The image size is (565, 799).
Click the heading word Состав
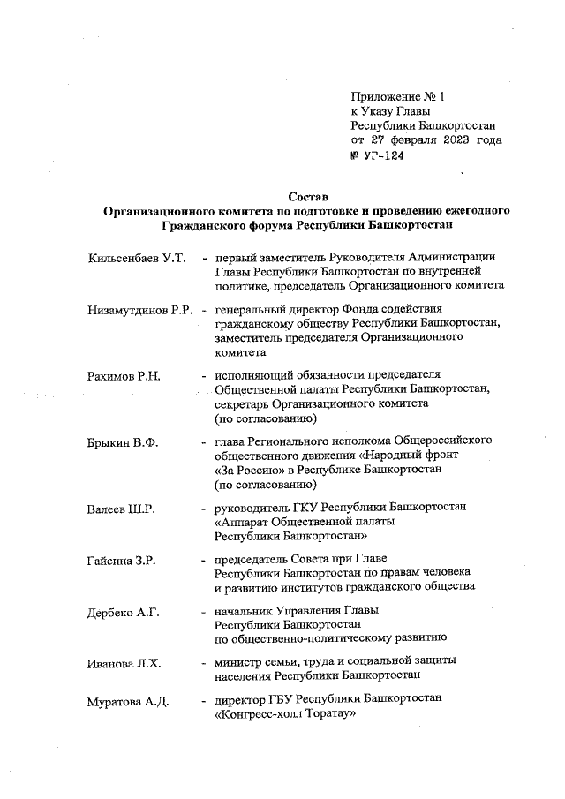307,195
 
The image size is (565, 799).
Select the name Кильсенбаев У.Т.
137,258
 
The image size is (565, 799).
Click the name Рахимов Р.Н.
123,375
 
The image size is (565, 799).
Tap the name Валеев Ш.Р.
122,509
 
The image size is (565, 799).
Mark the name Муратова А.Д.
128,703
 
